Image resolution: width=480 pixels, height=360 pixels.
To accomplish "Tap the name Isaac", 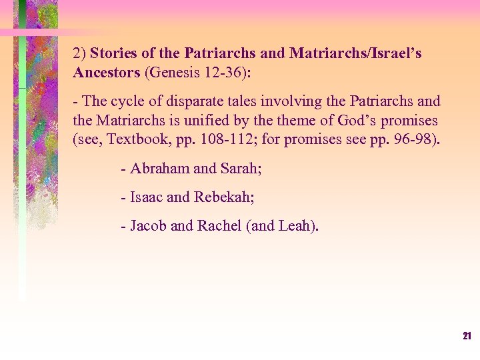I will click(x=147, y=197).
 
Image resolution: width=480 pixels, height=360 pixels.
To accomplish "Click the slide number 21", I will click(x=467, y=336).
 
